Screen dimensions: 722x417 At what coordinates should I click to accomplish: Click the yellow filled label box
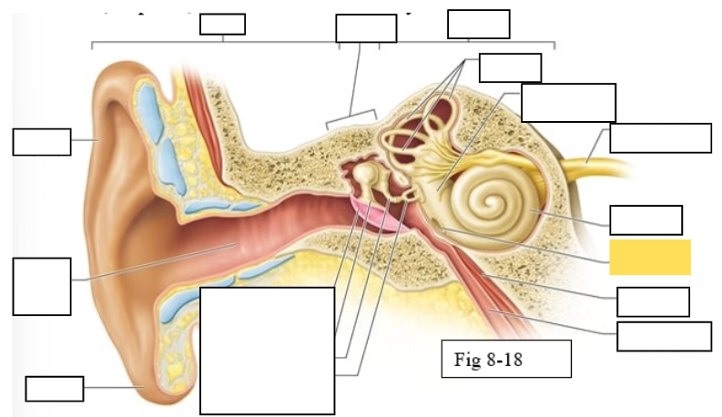tap(649, 257)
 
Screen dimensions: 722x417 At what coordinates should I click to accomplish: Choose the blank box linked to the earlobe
tap(55, 388)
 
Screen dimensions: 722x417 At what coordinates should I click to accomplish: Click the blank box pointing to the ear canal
tap(42, 286)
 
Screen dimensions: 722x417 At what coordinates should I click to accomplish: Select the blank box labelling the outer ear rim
tap(41, 142)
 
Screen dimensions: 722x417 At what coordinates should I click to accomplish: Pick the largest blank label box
tap(268, 351)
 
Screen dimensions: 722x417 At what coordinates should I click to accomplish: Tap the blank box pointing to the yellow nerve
tap(660, 137)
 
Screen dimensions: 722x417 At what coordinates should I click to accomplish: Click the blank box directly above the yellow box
tap(646, 220)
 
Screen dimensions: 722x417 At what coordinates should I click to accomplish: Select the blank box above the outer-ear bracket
tap(222, 25)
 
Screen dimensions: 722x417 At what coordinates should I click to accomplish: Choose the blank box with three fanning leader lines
tap(510, 67)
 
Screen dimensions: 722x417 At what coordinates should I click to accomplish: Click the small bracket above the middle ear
tap(351, 118)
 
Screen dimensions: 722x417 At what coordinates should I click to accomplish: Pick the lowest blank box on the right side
tap(664, 336)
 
